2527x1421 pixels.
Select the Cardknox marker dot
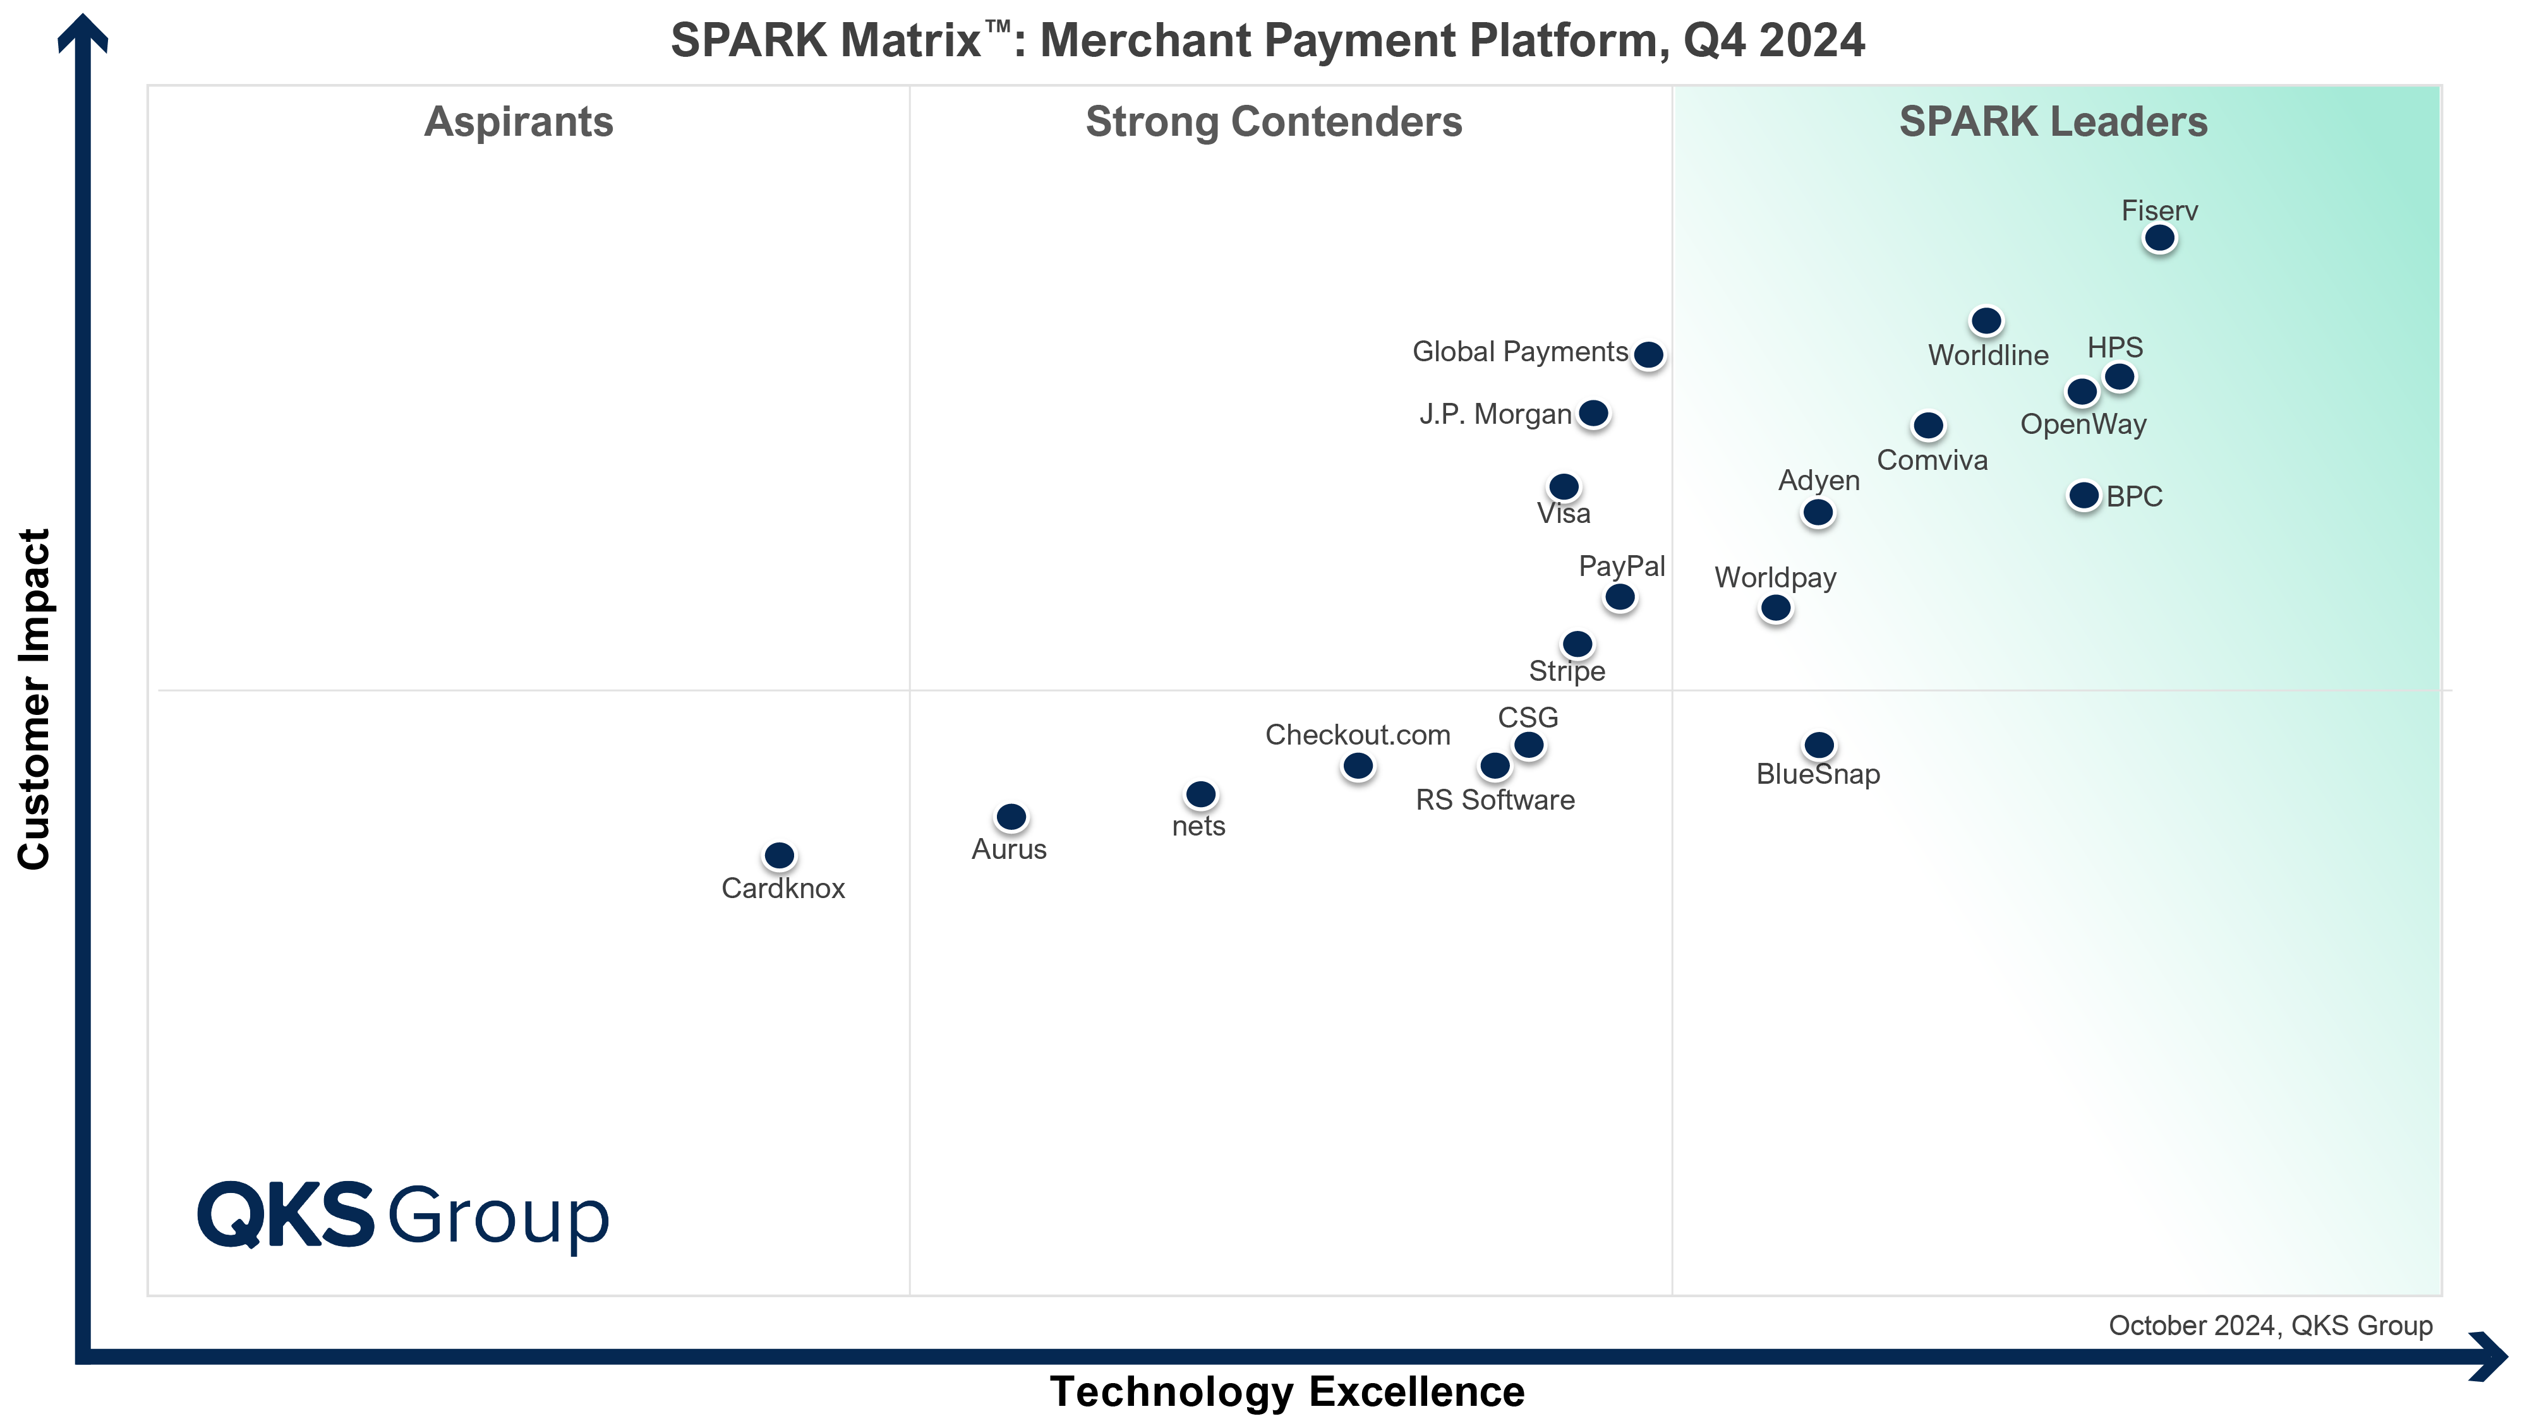point(779,855)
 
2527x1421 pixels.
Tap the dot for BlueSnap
point(1819,745)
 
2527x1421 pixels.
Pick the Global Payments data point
point(1648,354)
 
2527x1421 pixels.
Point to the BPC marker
point(2084,495)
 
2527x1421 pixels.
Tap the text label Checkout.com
point(1357,734)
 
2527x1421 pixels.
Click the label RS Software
point(1494,800)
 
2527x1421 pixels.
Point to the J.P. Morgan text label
point(1495,414)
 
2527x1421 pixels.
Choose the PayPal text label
point(1622,566)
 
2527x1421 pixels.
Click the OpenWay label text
point(2083,424)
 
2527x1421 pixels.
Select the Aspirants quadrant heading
point(518,122)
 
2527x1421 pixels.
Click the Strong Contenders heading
point(1274,122)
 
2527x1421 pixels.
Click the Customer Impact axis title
point(34,699)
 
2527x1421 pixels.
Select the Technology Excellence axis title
point(1286,1391)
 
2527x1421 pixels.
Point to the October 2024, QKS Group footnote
point(2270,1326)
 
